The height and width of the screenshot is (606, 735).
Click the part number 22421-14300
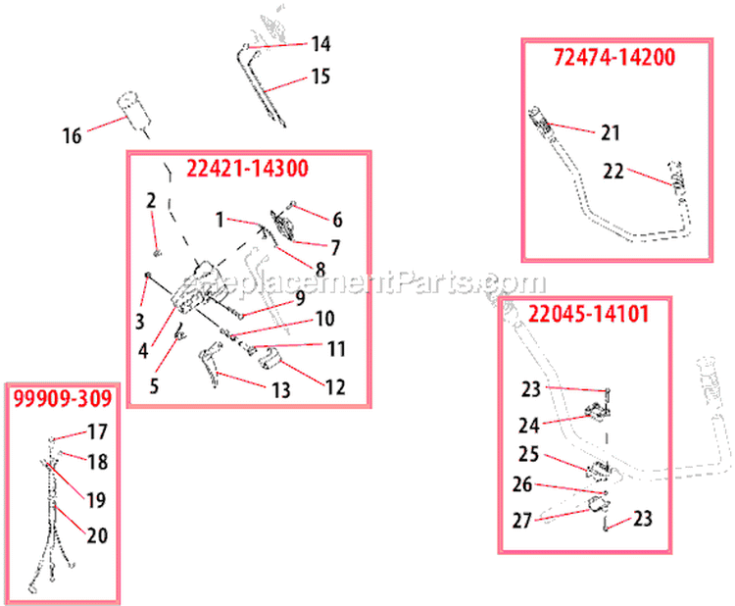[248, 169]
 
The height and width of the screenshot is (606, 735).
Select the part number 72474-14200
[614, 57]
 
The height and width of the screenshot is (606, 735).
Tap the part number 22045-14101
[589, 314]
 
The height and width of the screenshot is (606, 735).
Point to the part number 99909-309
[63, 399]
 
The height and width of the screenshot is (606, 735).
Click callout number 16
[73, 136]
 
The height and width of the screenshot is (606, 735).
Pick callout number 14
[321, 44]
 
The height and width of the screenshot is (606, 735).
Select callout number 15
[321, 76]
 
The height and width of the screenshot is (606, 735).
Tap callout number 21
[611, 132]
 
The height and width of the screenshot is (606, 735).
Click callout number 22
[613, 172]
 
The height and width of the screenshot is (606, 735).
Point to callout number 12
[335, 387]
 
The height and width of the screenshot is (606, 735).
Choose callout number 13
[281, 390]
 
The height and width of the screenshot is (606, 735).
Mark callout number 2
[151, 201]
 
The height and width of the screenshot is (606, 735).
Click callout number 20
[97, 535]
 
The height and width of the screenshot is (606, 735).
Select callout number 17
[98, 432]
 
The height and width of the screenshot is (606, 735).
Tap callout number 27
[522, 521]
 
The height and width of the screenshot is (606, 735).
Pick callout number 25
[529, 454]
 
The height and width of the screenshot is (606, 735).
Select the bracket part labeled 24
[597, 411]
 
